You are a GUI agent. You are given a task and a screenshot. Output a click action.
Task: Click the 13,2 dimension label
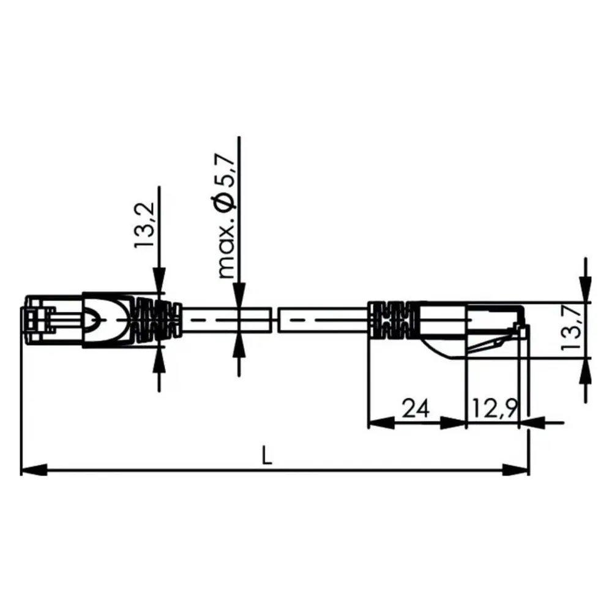click(145, 225)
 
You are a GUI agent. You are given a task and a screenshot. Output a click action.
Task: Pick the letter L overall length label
click(267, 455)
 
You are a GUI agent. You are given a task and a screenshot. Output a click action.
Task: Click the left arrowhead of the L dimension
click(34, 469)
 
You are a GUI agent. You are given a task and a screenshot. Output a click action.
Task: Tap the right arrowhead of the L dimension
click(516, 469)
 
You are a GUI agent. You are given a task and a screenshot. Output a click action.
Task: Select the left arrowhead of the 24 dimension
click(382, 422)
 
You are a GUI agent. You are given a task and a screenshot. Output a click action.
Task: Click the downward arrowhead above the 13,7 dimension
click(585, 289)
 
